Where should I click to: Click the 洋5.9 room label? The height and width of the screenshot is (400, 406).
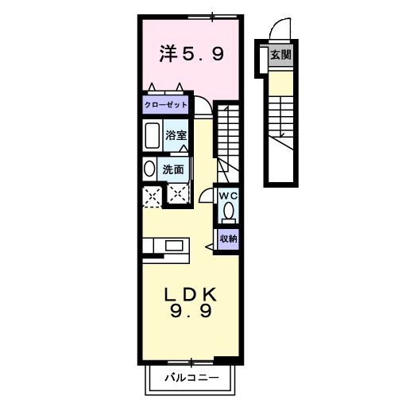click(x=191, y=54)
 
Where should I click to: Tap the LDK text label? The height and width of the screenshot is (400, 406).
click(x=191, y=294)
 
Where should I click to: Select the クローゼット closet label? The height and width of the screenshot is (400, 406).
click(x=166, y=105)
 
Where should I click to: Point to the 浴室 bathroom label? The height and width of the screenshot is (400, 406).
click(x=176, y=135)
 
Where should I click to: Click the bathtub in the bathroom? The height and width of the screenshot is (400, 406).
click(x=153, y=135)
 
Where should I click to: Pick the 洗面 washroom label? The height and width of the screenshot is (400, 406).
click(x=173, y=169)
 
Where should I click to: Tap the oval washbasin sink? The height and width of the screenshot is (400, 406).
click(x=149, y=169)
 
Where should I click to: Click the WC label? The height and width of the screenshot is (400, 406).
click(x=228, y=196)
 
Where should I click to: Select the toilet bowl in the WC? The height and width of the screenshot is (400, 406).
click(x=228, y=211)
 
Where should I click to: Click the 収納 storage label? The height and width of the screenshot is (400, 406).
click(x=229, y=239)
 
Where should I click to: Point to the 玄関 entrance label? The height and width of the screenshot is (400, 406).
click(x=280, y=55)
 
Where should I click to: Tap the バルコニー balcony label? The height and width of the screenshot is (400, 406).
click(x=192, y=378)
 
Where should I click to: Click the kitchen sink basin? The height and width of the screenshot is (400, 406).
click(x=174, y=246)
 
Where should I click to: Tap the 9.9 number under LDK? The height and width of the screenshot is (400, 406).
click(x=191, y=311)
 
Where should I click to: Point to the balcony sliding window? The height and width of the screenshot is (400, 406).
click(x=191, y=361)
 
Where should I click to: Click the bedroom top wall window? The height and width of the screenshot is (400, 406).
click(x=212, y=17)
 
